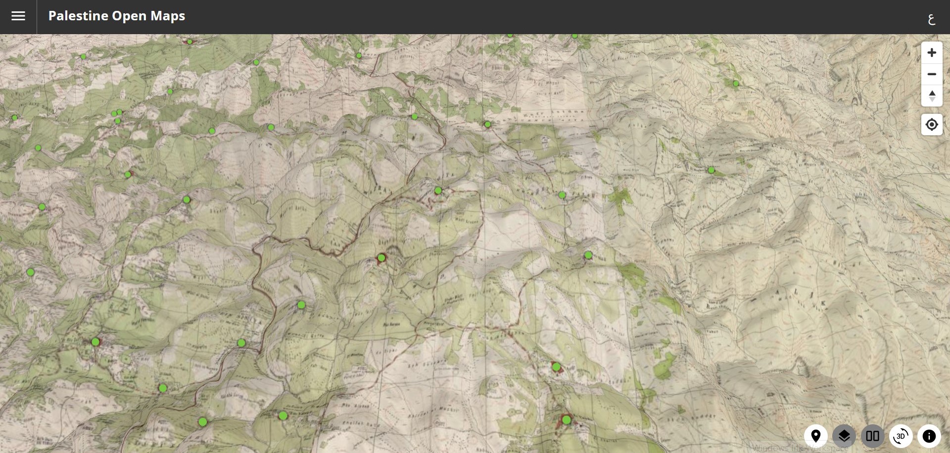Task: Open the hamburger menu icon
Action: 18,16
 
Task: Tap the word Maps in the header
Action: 168,16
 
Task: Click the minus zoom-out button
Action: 932,74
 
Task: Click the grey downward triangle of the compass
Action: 932,99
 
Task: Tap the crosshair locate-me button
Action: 932,124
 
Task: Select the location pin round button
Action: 816,436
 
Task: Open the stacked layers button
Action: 844,436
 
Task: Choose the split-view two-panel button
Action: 872,436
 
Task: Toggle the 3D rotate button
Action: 901,436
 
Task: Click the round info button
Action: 929,436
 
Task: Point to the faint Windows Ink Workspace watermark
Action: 799,448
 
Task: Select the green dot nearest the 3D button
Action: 567,420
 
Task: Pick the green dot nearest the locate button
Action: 736,84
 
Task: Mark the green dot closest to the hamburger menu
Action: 83,56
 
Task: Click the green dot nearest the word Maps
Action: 190,42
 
